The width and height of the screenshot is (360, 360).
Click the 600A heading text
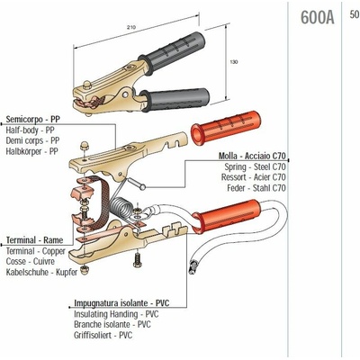coord(317,17)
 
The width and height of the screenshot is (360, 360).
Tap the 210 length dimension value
coord(131,27)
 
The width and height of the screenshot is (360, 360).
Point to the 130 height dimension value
coord(234,62)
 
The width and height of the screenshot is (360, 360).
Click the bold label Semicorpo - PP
coord(33,119)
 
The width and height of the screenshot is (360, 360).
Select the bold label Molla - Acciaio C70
coord(252,156)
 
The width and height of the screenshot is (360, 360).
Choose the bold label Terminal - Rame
coord(35,240)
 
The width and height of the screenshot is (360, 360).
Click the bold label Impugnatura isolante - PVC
coord(121,303)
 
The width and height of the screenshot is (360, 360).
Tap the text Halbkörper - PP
coord(32,151)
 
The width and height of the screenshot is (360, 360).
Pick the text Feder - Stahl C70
coord(256,188)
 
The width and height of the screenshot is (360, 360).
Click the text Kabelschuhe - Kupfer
coord(41,272)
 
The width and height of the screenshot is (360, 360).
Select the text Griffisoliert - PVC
coord(103,335)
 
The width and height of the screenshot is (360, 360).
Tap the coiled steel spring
coord(121,208)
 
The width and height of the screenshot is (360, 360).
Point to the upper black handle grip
coord(172,52)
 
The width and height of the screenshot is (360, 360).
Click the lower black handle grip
coord(175,100)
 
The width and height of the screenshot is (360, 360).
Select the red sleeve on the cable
coord(227,217)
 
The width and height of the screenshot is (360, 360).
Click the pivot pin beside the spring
coord(137,183)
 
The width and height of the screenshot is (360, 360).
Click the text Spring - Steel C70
coord(255,166)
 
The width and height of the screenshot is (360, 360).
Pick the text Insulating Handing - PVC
coord(116,314)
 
